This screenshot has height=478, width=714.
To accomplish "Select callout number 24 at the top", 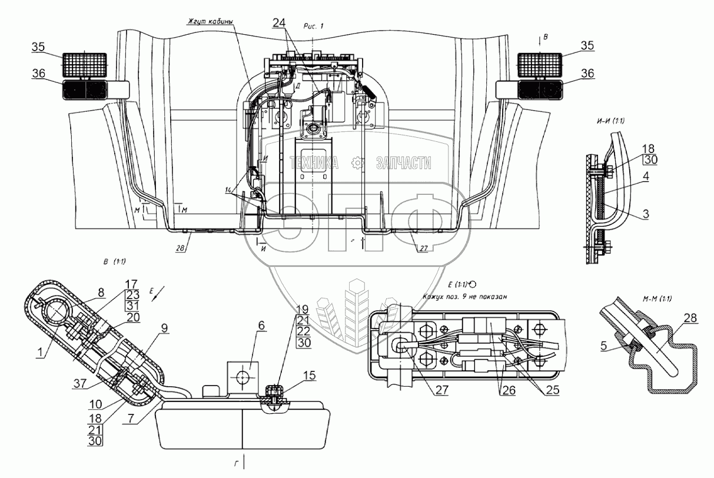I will point(280,23).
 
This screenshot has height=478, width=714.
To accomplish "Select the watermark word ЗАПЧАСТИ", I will point(400,163).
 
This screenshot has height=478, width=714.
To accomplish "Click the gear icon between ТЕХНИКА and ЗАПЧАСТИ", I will point(356,163).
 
